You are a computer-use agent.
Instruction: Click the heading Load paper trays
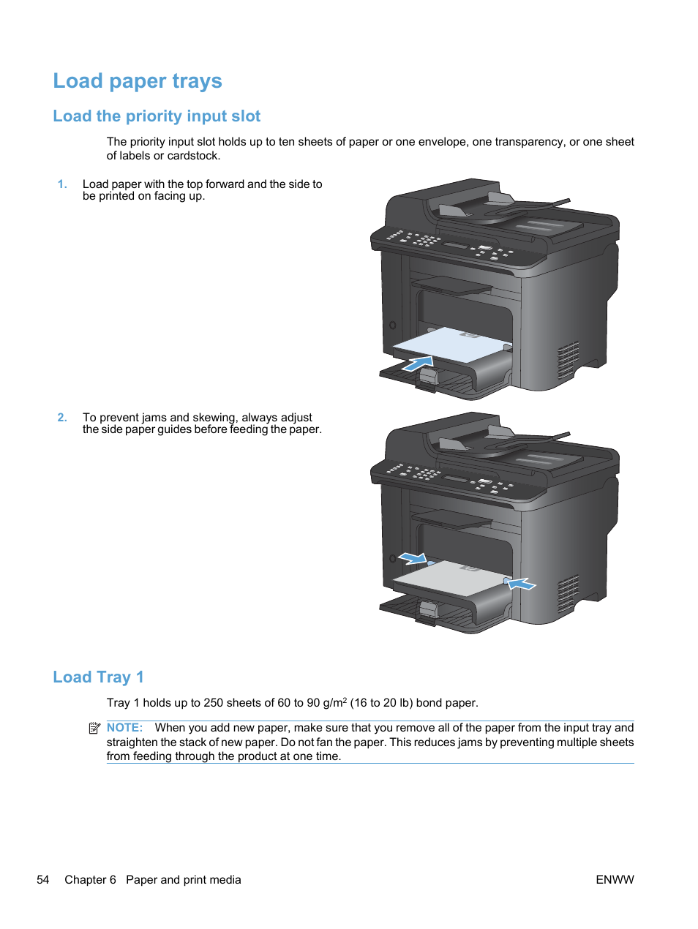[x=138, y=81]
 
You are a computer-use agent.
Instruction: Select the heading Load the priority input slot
[x=157, y=116]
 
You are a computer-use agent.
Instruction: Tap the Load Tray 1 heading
[x=98, y=677]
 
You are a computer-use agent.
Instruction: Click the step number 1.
[x=62, y=184]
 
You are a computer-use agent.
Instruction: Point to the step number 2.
[x=62, y=418]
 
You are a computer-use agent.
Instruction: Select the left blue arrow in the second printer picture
[x=413, y=558]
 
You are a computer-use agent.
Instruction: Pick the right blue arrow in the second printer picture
[x=521, y=584]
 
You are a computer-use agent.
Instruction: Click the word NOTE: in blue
[x=124, y=728]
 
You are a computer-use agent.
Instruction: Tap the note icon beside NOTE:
[x=94, y=728]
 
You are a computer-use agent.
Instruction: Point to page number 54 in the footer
[x=43, y=880]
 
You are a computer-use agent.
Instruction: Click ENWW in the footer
[x=615, y=880]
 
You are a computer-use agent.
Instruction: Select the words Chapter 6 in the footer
[x=90, y=880]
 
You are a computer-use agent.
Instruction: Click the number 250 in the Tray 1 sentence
[x=213, y=703]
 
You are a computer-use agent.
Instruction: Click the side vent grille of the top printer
[x=568, y=360]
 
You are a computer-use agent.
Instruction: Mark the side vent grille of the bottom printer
[x=568, y=593]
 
